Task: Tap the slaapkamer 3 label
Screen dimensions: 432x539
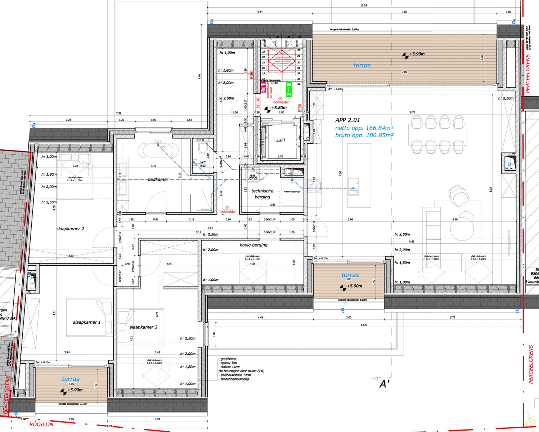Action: (x=143, y=327)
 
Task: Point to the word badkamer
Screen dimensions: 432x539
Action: (x=158, y=179)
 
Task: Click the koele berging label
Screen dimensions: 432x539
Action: (x=253, y=245)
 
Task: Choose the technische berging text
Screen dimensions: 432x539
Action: (x=262, y=194)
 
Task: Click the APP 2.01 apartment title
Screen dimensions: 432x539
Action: (x=347, y=120)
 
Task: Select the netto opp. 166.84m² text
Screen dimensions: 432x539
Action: (x=364, y=128)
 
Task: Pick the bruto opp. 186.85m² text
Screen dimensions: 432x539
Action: (x=364, y=135)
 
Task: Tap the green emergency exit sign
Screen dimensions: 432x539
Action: (x=289, y=90)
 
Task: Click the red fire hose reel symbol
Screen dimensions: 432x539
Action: (x=263, y=87)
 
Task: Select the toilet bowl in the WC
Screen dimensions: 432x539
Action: (x=201, y=149)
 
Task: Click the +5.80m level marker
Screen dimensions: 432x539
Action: (x=275, y=108)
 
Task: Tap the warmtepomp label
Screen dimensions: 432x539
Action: (x=292, y=192)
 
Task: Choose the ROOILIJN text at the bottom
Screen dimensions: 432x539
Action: (x=41, y=424)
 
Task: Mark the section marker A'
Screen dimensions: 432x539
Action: (x=385, y=384)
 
